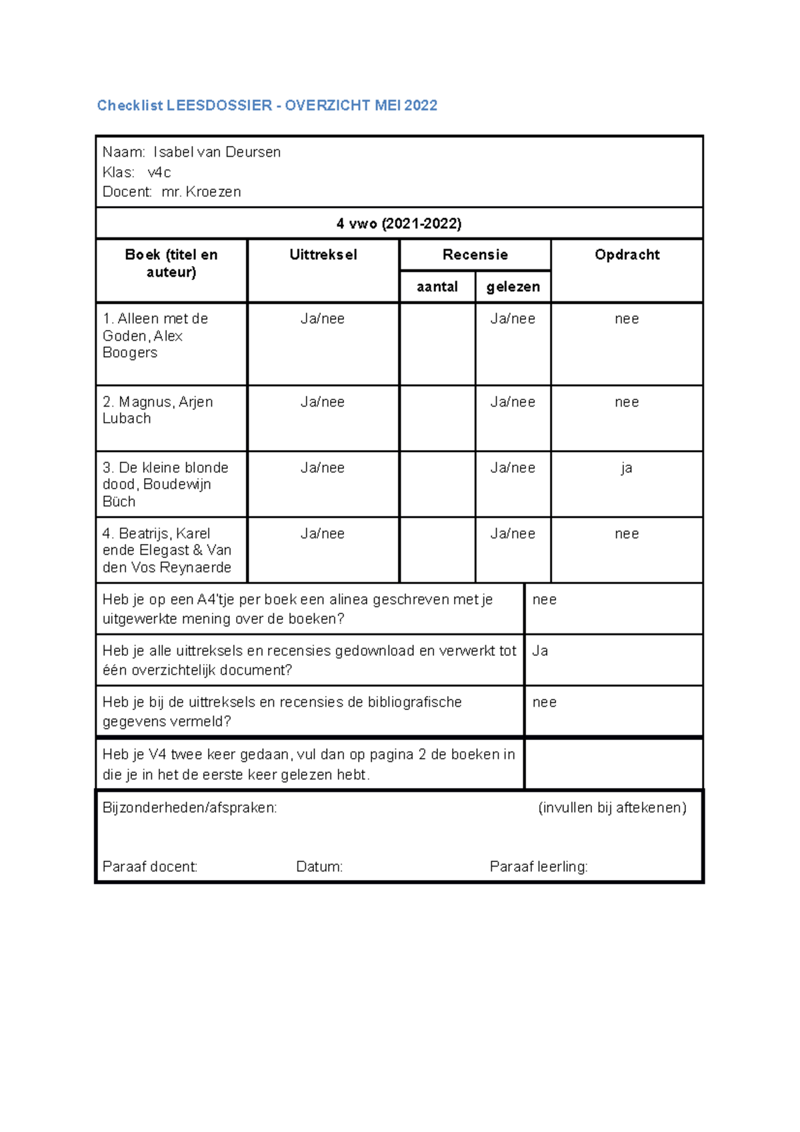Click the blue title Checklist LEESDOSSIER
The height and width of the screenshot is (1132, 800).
pyautogui.click(x=267, y=105)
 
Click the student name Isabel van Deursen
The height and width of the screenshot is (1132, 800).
pyautogui.click(x=217, y=152)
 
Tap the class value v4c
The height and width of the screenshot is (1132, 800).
pyautogui.click(x=159, y=173)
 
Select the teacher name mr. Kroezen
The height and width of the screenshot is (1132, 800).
pyautogui.click(x=201, y=192)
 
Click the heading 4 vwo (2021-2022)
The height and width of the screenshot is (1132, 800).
pyautogui.click(x=399, y=223)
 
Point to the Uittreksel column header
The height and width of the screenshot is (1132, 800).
pyautogui.click(x=323, y=255)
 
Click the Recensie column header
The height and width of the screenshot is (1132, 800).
pyautogui.click(x=475, y=255)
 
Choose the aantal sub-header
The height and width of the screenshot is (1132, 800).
pyautogui.click(x=437, y=287)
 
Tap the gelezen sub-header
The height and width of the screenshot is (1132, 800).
pyautogui.click(x=513, y=287)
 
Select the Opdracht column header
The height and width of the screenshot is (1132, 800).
pyautogui.click(x=627, y=255)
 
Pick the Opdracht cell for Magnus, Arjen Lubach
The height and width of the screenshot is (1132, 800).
pyautogui.click(x=627, y=402)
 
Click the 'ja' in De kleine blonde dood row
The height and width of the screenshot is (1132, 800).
pyautogui.click(x=627, y=468)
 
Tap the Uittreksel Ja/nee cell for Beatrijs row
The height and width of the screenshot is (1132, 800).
pyautogui.click(x=323, y=533)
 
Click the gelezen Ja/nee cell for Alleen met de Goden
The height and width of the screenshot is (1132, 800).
pyautogui.click(x=513, y=319)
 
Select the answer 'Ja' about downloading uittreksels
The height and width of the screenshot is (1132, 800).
pyautogui.click(x=540, y=651)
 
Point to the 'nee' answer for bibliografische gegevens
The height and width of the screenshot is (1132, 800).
pyautogui.click(x=544, y=702)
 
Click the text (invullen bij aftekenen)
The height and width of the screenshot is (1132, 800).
pyautogui.click(x=612, y=808)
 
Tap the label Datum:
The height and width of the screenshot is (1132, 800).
pyautogui.click(x=319, y=867)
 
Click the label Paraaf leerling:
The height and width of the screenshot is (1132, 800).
pyautogui.click(x=539, y=867)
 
